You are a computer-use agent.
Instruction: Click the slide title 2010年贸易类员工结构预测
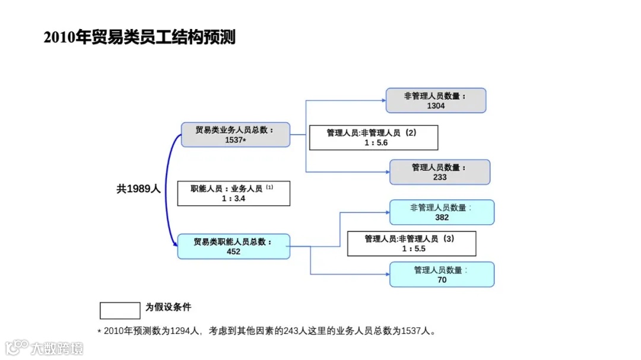pos(139,37)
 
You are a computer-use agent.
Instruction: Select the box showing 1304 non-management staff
pos(436,100)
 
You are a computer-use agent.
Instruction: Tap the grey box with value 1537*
pos(235,135)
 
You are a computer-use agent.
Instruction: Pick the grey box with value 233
pos(440,172)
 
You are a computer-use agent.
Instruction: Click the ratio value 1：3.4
pos(233,199)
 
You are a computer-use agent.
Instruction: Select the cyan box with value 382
pos(442,212)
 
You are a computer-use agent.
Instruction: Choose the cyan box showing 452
pos(233,246)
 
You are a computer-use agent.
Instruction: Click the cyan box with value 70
pos(442,275)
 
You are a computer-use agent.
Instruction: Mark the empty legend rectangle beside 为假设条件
pos(120,310)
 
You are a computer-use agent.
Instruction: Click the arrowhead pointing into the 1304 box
pos(382,100)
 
